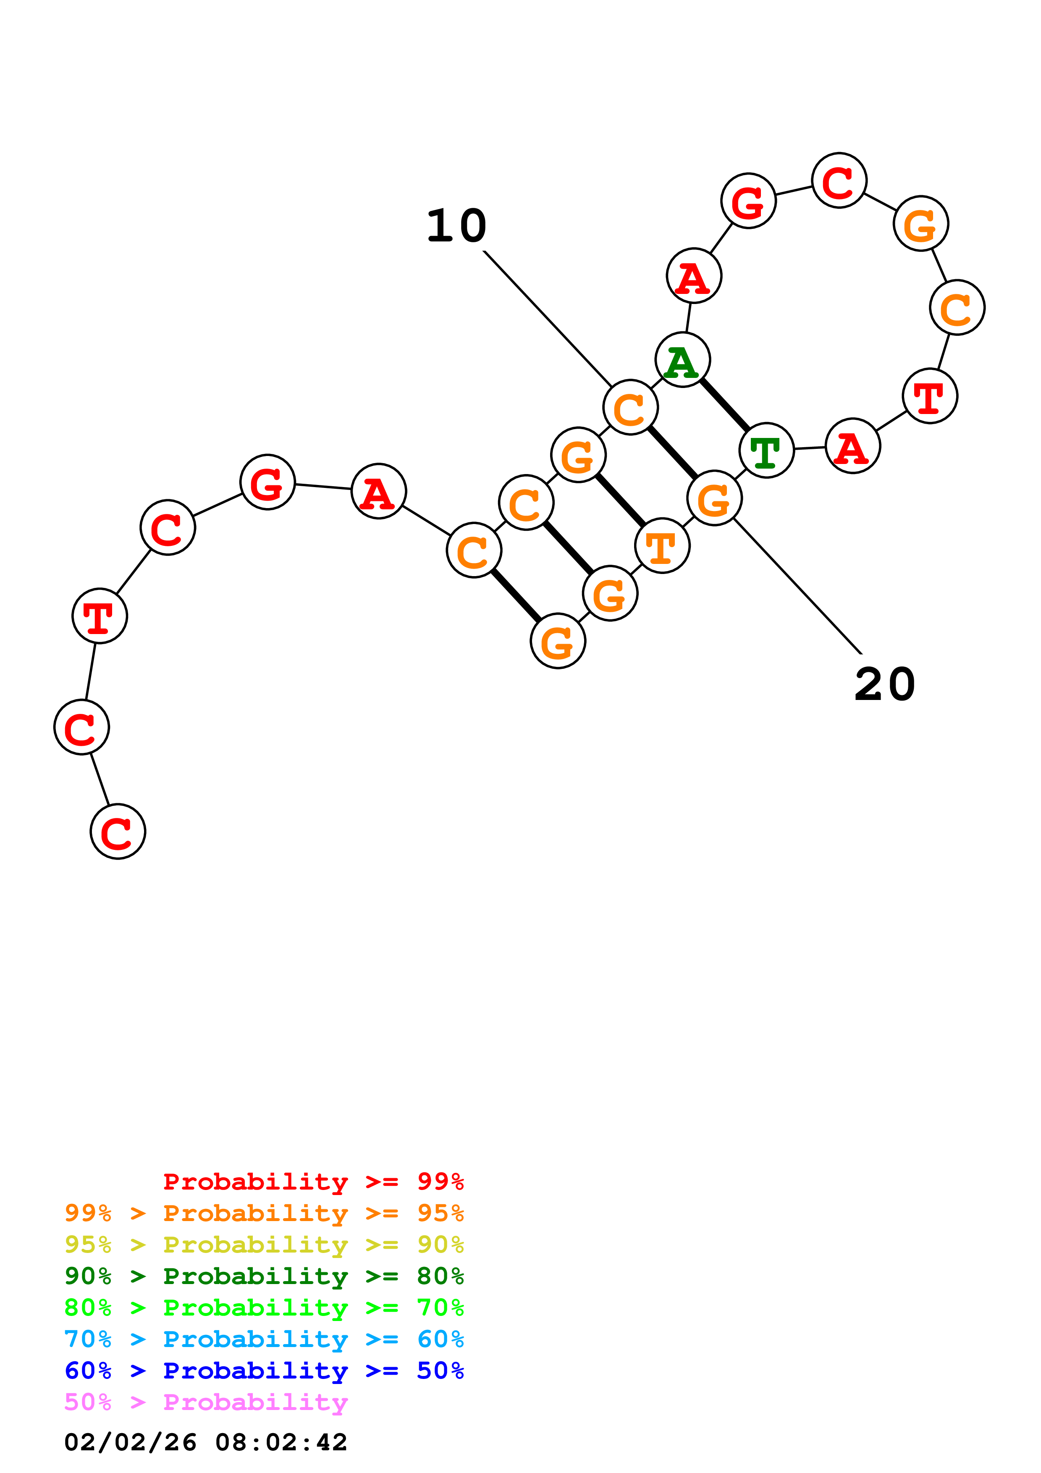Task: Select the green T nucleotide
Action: tap(766, 451)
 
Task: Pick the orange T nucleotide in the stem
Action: tap(662, 546)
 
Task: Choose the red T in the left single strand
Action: tap(100, 616)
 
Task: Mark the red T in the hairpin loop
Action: tap(929, 396)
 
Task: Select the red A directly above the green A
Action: tap(694, 276)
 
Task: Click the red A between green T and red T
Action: tap(852, 446)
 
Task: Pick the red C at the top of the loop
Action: tap(839, 181)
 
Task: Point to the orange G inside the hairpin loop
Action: tap(920, 223)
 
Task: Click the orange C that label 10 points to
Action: tap(630, 407)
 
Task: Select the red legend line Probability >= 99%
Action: tap(313, 1181)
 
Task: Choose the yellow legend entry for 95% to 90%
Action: tap(264, 1245)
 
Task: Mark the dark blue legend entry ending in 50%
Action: tap(264, 1371)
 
